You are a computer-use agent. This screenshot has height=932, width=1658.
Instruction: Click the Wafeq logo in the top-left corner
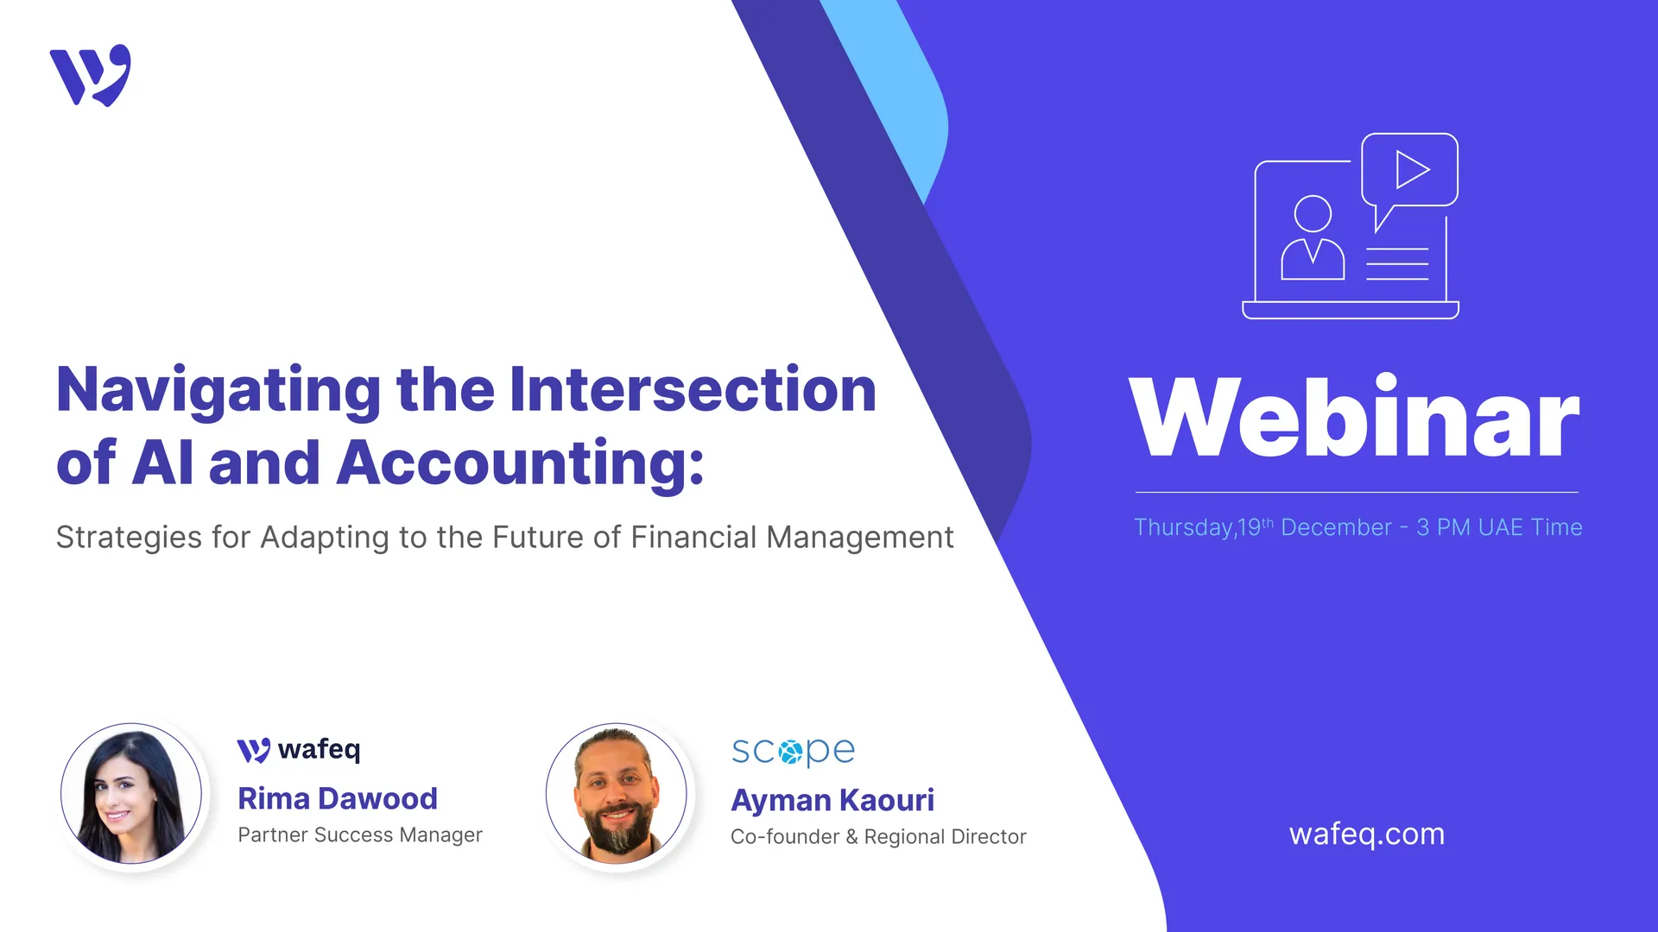(91, 76)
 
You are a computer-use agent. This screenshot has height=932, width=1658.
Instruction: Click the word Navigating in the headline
(218, 390)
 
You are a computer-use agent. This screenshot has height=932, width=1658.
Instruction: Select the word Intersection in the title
(693, 390)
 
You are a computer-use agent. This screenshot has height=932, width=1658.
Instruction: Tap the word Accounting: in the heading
(520, 463)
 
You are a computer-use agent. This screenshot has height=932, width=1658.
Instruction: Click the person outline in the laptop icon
(1313, 238)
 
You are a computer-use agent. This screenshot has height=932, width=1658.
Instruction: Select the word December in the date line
(1336, 527)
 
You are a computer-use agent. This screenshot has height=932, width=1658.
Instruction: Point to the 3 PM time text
(1444, 527)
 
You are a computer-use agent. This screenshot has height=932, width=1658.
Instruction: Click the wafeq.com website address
(1366, 834)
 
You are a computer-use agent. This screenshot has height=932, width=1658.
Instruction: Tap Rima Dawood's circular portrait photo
(131, 793)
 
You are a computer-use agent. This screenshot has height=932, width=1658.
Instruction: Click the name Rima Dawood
(338, 799)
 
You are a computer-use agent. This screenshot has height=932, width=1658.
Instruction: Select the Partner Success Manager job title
(359, 835)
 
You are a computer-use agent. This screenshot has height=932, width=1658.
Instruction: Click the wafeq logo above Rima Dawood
(299, 750)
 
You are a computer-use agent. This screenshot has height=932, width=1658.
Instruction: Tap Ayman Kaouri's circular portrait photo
(617, 793)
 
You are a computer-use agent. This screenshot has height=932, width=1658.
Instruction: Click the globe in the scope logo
(791, 752)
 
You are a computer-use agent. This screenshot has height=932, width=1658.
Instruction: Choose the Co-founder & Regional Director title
(877, 837)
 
